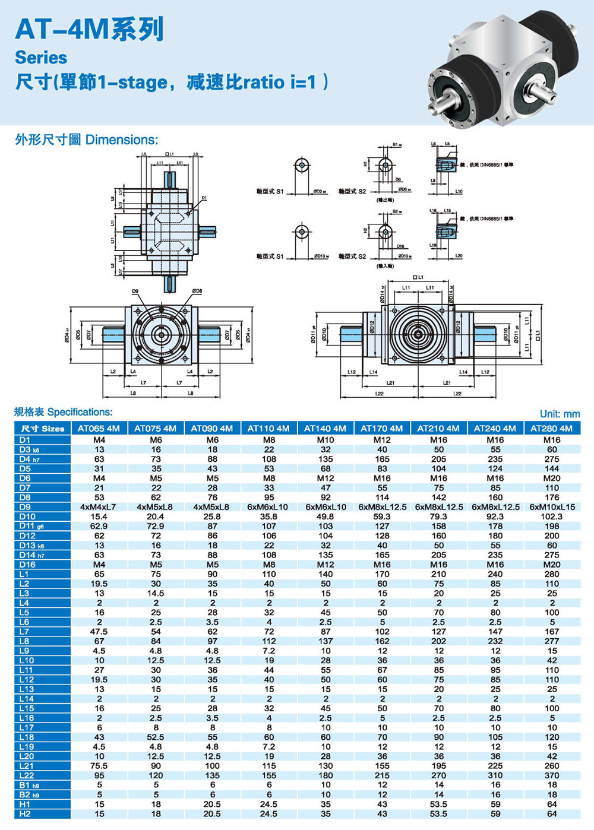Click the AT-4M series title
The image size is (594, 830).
[x=89, y=29]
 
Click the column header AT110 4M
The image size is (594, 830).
[x=268, y=428]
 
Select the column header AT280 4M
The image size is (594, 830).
[x=551, y=428]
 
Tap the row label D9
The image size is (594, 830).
[x=25, y=507]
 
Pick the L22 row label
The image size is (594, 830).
[x=27, y=775]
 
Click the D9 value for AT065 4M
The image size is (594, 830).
[x=99, y=507]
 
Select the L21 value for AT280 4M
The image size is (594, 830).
[x=551, y=766]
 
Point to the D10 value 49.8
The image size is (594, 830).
[x=326, y=517]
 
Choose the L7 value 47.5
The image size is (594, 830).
[x=99, y=632]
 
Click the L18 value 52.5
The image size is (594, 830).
[x=156, y=737]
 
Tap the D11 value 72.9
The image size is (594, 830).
[x=156, y=526]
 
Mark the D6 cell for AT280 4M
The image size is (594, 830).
[x=551, y=478]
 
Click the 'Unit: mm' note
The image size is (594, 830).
[x=560, y=414]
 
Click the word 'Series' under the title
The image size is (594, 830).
[x=41, y=58]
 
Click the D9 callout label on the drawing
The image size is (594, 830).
[x=135, y=291]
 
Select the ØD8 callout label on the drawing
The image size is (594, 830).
[x=197, y=291]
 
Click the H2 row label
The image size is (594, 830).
[x=25, y=814]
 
